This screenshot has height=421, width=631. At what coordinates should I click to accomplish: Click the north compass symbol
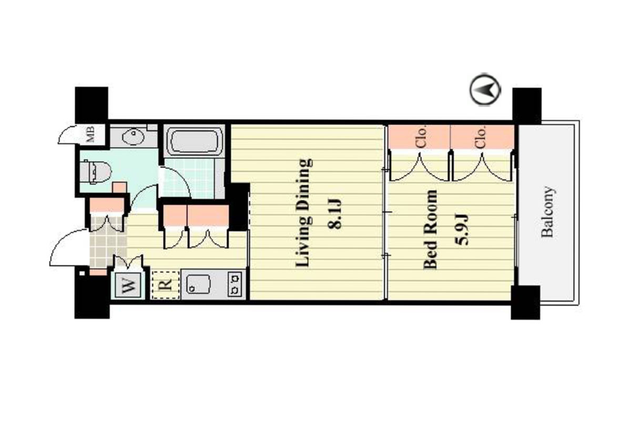[x=485, y=89]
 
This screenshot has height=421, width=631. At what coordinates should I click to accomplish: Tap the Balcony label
[x=548, y=212]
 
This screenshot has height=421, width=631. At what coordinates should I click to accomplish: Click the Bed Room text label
[x=430, y=229]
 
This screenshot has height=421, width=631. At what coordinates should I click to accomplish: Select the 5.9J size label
[x=461, y=229]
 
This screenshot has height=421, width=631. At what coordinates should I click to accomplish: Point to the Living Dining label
[x=304, y=213]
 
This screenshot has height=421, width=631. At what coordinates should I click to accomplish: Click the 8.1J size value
[x=334, y=213]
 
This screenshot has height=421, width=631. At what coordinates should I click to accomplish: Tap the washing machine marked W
[x=128, y=285]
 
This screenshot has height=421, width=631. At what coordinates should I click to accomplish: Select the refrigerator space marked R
[x=166, y=285]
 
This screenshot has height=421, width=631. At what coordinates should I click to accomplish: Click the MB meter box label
[x=90, y=134]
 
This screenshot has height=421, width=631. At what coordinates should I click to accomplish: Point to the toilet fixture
[x=95, y=172]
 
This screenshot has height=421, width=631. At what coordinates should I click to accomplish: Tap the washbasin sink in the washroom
[x=133, y=136]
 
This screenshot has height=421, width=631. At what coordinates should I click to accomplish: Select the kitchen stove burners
[x=235, y=284]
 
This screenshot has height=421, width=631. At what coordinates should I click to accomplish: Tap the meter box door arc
[x=67, y=134]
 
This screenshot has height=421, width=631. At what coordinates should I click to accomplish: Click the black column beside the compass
[x=527, y=106]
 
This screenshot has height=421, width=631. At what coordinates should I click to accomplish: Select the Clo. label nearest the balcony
[x=481, y=137]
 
